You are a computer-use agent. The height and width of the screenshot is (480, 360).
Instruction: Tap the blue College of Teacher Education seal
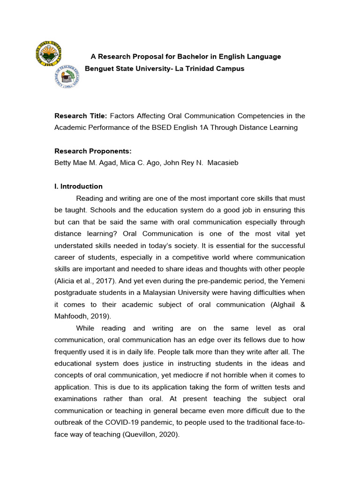pos(67,77)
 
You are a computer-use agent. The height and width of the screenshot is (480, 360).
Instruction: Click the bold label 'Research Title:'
pos(81,116)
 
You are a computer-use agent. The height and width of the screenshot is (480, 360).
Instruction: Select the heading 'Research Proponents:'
pos(93,151)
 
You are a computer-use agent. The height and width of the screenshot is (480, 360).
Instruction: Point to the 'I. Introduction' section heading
pos(78,186)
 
